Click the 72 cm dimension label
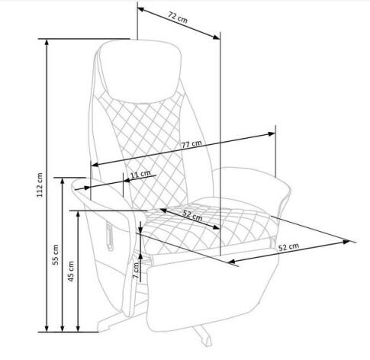(x=178, y=18)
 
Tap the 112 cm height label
(x=40, y=185)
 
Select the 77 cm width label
(x=191, y=144)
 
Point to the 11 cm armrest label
(x=140, y=174)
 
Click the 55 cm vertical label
(x=56, y=255)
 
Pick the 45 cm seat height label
(x=71, y=271)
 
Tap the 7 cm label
(x=137, y=270)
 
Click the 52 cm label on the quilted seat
(x=192, y=216)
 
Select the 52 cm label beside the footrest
(x=288, y=246)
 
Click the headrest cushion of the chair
(x=140, y=71)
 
